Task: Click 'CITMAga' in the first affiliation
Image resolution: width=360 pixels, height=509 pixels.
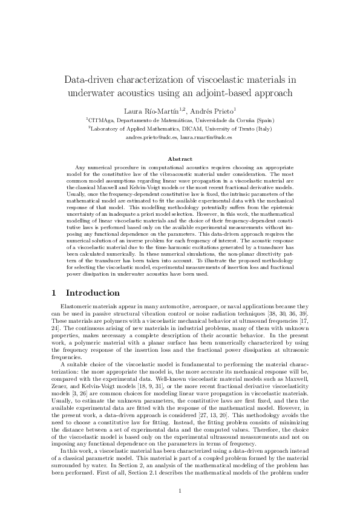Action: point(100,120)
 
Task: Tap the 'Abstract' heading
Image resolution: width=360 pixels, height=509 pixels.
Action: point(180,158)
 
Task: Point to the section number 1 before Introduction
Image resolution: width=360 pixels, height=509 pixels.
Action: point(54,293)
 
